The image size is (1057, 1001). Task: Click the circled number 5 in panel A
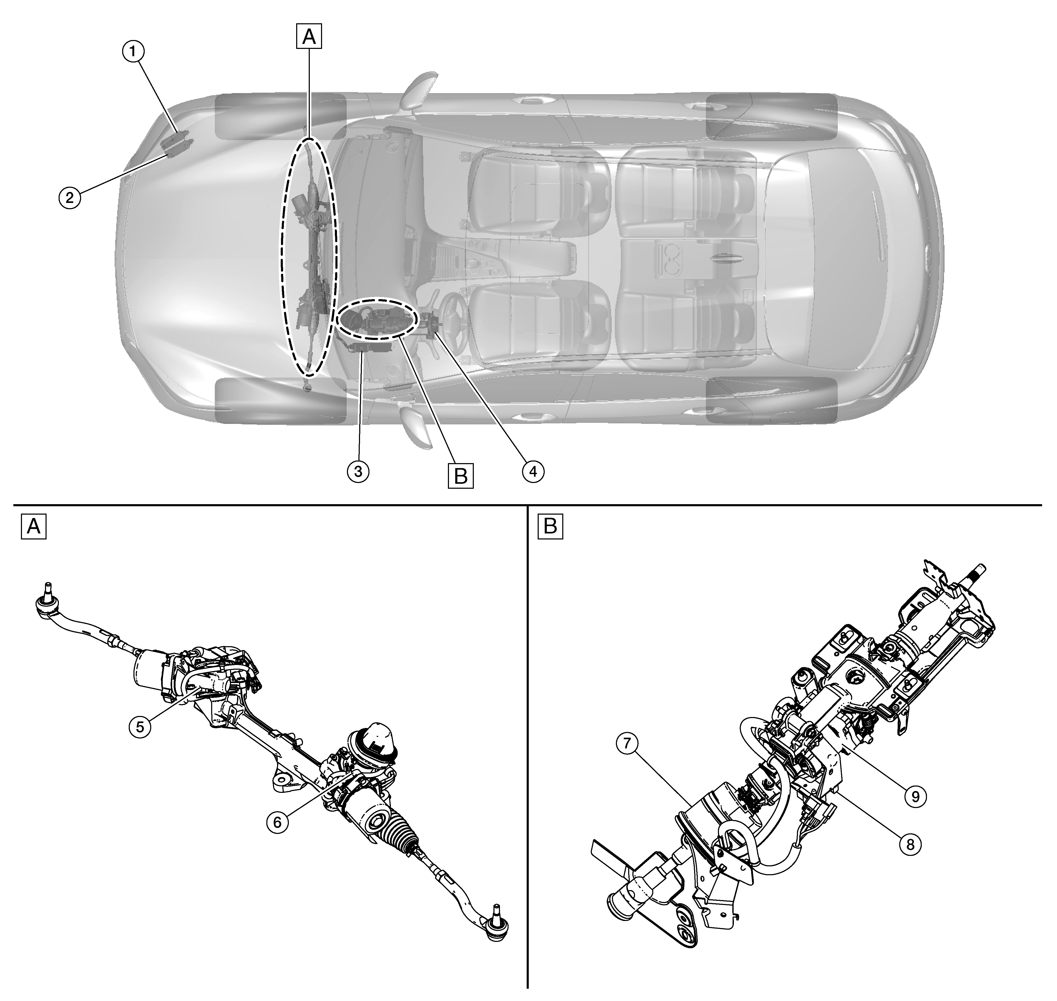[140, 727]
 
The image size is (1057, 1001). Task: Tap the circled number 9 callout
[915, 797]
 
